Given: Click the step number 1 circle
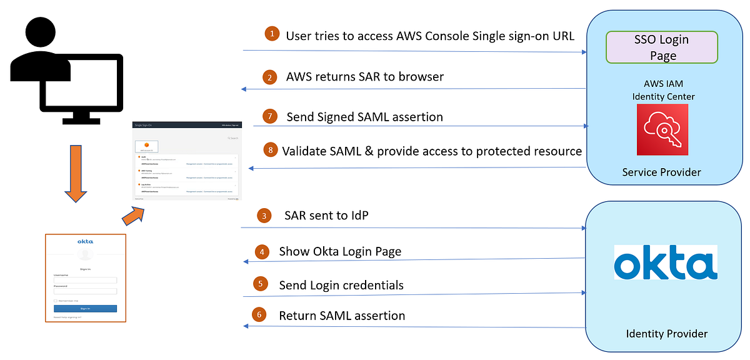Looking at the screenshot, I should click(x=271, y=34).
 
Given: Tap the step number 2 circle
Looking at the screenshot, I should click(x=270, y=77).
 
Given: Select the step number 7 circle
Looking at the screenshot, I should click(x=269, y=116).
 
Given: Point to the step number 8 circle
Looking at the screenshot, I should click(x=270, y=150).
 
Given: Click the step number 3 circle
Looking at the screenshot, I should click(x=265, y=216).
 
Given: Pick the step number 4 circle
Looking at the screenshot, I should click(x=262, y=252).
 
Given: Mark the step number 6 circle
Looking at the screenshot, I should click(x=259, y=315).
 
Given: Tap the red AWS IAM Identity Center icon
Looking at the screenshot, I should click(x=662, y=129).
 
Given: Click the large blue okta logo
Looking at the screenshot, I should click(x=666, y=262).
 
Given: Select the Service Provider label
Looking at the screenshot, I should click(x=662, y=172).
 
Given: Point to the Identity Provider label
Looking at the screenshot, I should click(x=667, y=334).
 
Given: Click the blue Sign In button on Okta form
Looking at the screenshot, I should click(x=85, y=308).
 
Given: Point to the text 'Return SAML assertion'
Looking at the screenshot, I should click(x=342, y=316).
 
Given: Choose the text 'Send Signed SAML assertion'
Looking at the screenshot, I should click(x=365, y=116).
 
